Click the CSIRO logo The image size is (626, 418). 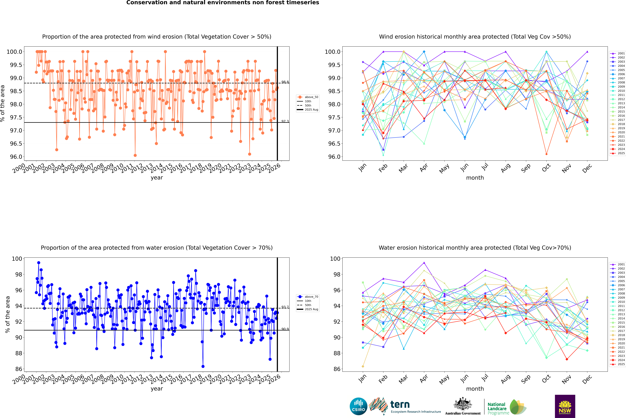358,406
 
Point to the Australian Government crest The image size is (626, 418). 462,404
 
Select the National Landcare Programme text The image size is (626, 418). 497,408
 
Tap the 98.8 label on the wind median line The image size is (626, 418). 285,82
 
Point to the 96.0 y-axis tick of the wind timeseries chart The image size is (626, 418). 16,157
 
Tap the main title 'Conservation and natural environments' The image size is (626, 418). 223,3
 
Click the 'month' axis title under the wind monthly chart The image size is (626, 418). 475,178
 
